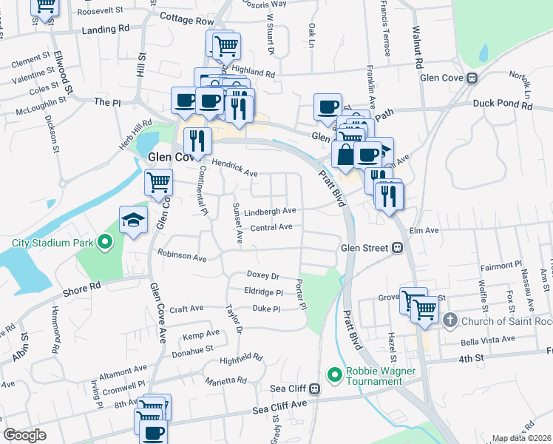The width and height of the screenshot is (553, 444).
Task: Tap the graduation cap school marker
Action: click(x=134, y=219)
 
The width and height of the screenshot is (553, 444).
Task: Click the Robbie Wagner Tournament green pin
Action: click(x=333, y=375)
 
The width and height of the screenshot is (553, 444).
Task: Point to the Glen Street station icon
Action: click(x=397, y=248)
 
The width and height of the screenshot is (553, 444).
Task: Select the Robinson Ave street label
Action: click(x=182, y=256)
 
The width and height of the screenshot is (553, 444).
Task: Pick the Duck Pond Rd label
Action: click(x=503, y=105)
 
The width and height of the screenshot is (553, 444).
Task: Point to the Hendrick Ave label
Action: click(x=234, y=168)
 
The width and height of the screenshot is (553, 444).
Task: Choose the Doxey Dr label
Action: click(x=263, y=275)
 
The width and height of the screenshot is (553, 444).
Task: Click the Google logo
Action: click(x=24, y=435)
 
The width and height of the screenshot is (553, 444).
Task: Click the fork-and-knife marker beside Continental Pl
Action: click(x=197, y=140)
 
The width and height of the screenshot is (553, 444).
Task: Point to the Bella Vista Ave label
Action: click(x=486, y=339)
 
